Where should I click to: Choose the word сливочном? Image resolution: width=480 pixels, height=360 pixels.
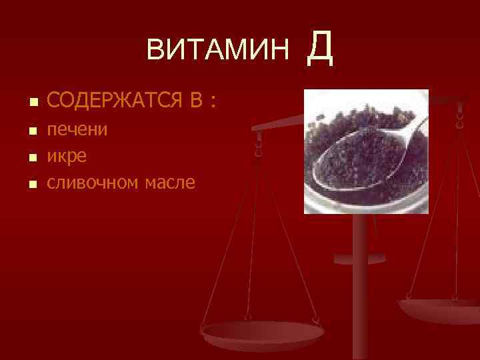point(93,181)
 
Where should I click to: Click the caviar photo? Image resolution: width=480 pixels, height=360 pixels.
point(366,152)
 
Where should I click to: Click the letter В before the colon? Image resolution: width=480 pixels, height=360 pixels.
point(196,101)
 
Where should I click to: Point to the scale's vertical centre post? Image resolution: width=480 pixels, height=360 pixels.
point(361,287)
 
